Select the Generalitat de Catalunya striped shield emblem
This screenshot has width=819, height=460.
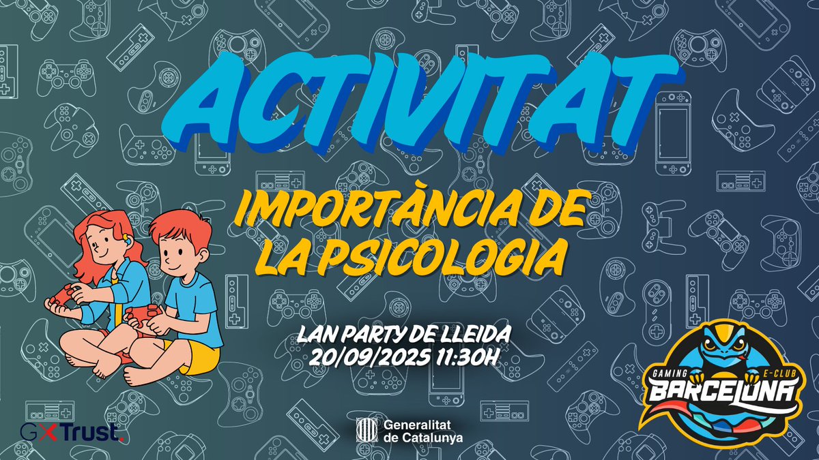(x=365, y=431)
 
